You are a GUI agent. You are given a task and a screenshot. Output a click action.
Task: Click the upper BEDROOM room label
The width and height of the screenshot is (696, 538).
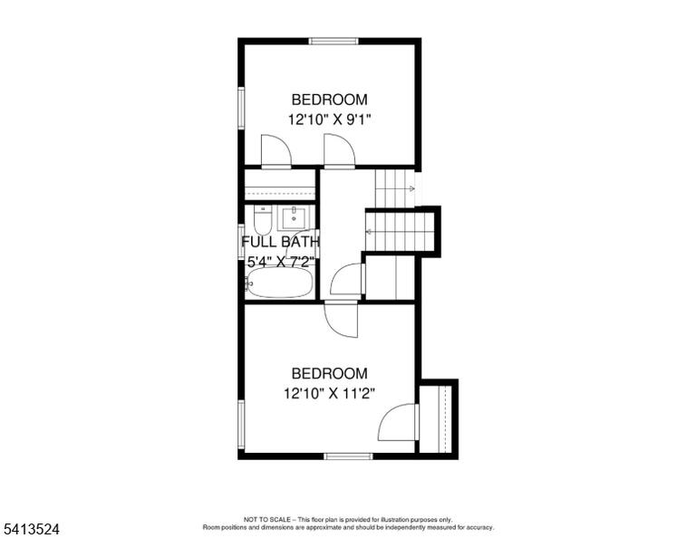(329, 100)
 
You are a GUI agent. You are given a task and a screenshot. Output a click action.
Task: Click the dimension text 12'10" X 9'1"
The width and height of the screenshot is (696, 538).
(329, 120)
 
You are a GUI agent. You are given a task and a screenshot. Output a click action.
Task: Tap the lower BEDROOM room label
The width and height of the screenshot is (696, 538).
(329, 373)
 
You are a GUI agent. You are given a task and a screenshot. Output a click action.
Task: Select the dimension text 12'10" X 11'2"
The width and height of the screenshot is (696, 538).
(329, 393)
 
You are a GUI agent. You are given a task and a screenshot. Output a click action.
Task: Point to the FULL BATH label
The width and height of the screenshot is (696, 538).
(281, 242)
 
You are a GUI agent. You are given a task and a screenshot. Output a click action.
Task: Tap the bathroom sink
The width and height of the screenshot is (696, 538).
(294, 217)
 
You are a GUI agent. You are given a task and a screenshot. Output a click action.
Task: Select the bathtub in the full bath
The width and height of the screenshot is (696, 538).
(280, 283)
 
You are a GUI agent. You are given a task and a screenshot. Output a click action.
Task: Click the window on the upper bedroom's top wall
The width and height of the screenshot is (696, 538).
(333, 42)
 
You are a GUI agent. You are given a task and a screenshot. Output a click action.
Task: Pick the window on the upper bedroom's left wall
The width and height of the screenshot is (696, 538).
(241, 109)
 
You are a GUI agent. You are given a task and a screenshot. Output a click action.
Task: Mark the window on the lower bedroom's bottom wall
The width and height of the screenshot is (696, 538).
(348, 456)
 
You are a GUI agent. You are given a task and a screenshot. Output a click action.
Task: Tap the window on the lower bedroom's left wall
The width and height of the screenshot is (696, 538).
(241, 425)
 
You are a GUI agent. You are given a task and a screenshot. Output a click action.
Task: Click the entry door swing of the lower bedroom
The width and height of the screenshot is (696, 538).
(341, 319)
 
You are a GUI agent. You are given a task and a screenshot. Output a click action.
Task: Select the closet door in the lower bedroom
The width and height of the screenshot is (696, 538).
(398, 422)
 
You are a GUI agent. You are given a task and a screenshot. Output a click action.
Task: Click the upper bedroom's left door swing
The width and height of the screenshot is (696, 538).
(276, 151)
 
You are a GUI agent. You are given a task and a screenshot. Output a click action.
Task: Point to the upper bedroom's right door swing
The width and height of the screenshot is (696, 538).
(340, 151)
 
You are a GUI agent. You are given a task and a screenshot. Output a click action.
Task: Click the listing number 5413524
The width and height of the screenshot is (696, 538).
(31, 529)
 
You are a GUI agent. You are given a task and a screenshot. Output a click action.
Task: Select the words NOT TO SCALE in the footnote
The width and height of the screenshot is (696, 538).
(267, 519)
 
